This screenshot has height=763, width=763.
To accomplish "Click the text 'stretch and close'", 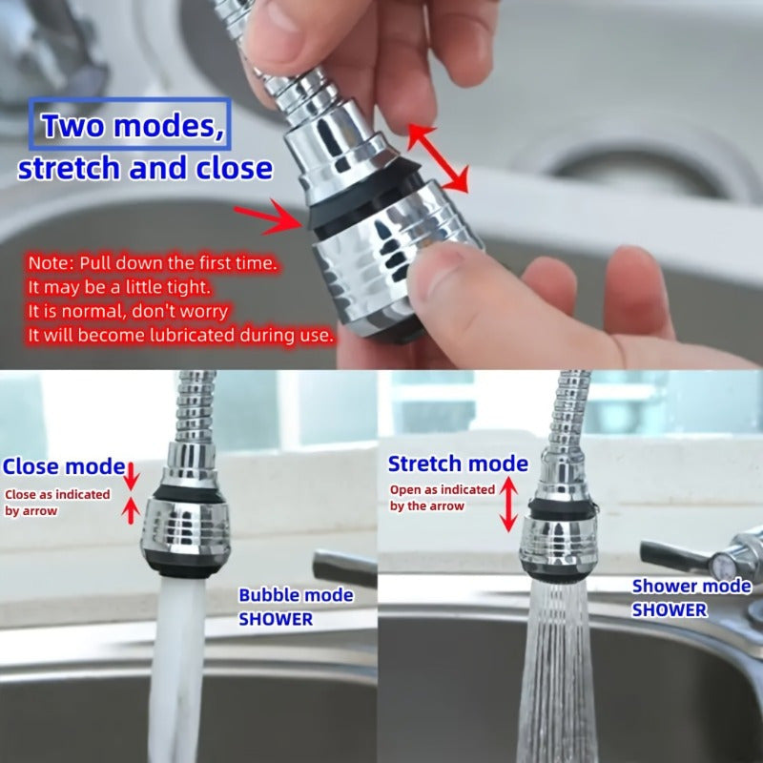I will [145, 169].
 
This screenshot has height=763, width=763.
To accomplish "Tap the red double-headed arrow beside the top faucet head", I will [439, 157].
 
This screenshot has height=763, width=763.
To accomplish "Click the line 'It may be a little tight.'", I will [119, 287].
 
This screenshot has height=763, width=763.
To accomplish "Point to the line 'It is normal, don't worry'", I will [128, 311].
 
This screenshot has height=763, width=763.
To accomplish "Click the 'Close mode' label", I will [64, 466].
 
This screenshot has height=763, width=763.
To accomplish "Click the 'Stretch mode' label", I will [458, 464].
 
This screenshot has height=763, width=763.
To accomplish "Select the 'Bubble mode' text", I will [296, 595].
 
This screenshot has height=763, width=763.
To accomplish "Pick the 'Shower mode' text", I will [691, 587].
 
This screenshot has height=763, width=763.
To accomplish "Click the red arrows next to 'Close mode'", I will [132, 493].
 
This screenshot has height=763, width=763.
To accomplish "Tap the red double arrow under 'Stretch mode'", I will [509, 504].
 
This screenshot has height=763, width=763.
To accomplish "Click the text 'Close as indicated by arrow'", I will [57, 503].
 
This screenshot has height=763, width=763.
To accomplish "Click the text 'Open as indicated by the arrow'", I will [442, 498].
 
